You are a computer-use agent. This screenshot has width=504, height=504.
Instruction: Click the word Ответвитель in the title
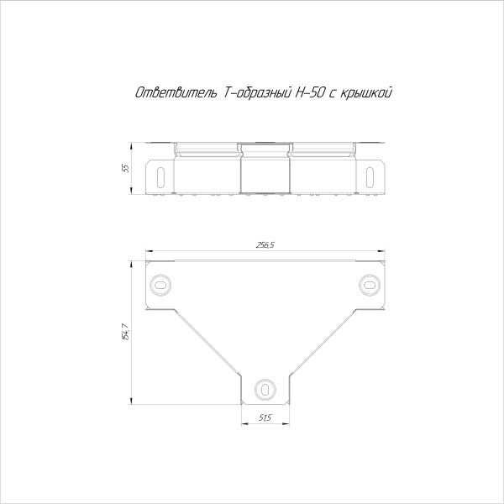(176, 92)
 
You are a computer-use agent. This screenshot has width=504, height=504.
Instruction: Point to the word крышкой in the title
(365, 92)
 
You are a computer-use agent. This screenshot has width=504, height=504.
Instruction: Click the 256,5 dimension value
(265, 245)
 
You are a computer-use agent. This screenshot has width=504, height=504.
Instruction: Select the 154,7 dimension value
(126, 332)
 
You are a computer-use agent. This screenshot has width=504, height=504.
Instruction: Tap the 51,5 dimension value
(265, 417)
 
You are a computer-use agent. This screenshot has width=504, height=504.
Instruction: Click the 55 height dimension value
(126, 169)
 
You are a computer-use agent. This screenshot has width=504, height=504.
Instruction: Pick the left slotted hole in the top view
(160, 285)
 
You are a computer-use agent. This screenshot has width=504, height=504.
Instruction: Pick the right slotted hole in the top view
(370, 285)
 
